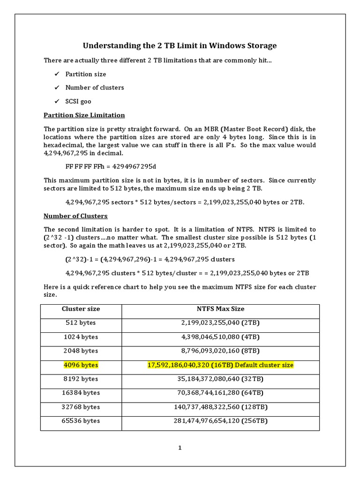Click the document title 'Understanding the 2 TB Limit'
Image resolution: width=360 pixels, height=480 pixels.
coord(180,45)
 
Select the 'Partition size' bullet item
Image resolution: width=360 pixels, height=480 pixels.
coord(85,74)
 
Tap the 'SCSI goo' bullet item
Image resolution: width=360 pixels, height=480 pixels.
coord(78,101)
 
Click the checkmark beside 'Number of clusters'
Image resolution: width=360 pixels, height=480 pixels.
coord(57,88)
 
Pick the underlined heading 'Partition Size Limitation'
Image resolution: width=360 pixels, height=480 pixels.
coord(84,115)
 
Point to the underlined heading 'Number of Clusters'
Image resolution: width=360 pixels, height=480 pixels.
coord(75,216)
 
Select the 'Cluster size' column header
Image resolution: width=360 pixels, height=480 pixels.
coord(81,309)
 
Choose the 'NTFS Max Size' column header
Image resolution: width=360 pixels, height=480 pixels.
coord(220,309)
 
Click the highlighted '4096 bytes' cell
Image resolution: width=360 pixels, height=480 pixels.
coord(81,365)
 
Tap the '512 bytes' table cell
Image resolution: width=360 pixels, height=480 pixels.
coord(81,323)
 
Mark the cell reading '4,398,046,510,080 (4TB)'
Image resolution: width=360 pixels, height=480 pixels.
coord(220,337)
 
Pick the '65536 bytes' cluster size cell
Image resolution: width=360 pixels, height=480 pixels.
coord(81,421)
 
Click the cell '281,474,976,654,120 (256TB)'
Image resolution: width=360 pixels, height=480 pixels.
coord(220,421)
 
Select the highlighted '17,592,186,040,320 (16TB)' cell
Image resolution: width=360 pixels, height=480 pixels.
coord(220,365)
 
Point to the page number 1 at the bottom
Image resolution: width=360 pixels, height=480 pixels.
coord(180,448)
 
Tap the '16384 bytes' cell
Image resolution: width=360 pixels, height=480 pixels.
coord(81,393)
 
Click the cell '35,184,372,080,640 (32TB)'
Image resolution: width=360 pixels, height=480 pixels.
coord(220,379)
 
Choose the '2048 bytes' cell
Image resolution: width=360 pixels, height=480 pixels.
coord(81,351)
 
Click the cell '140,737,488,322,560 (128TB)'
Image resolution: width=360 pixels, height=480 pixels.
coord(220,407)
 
